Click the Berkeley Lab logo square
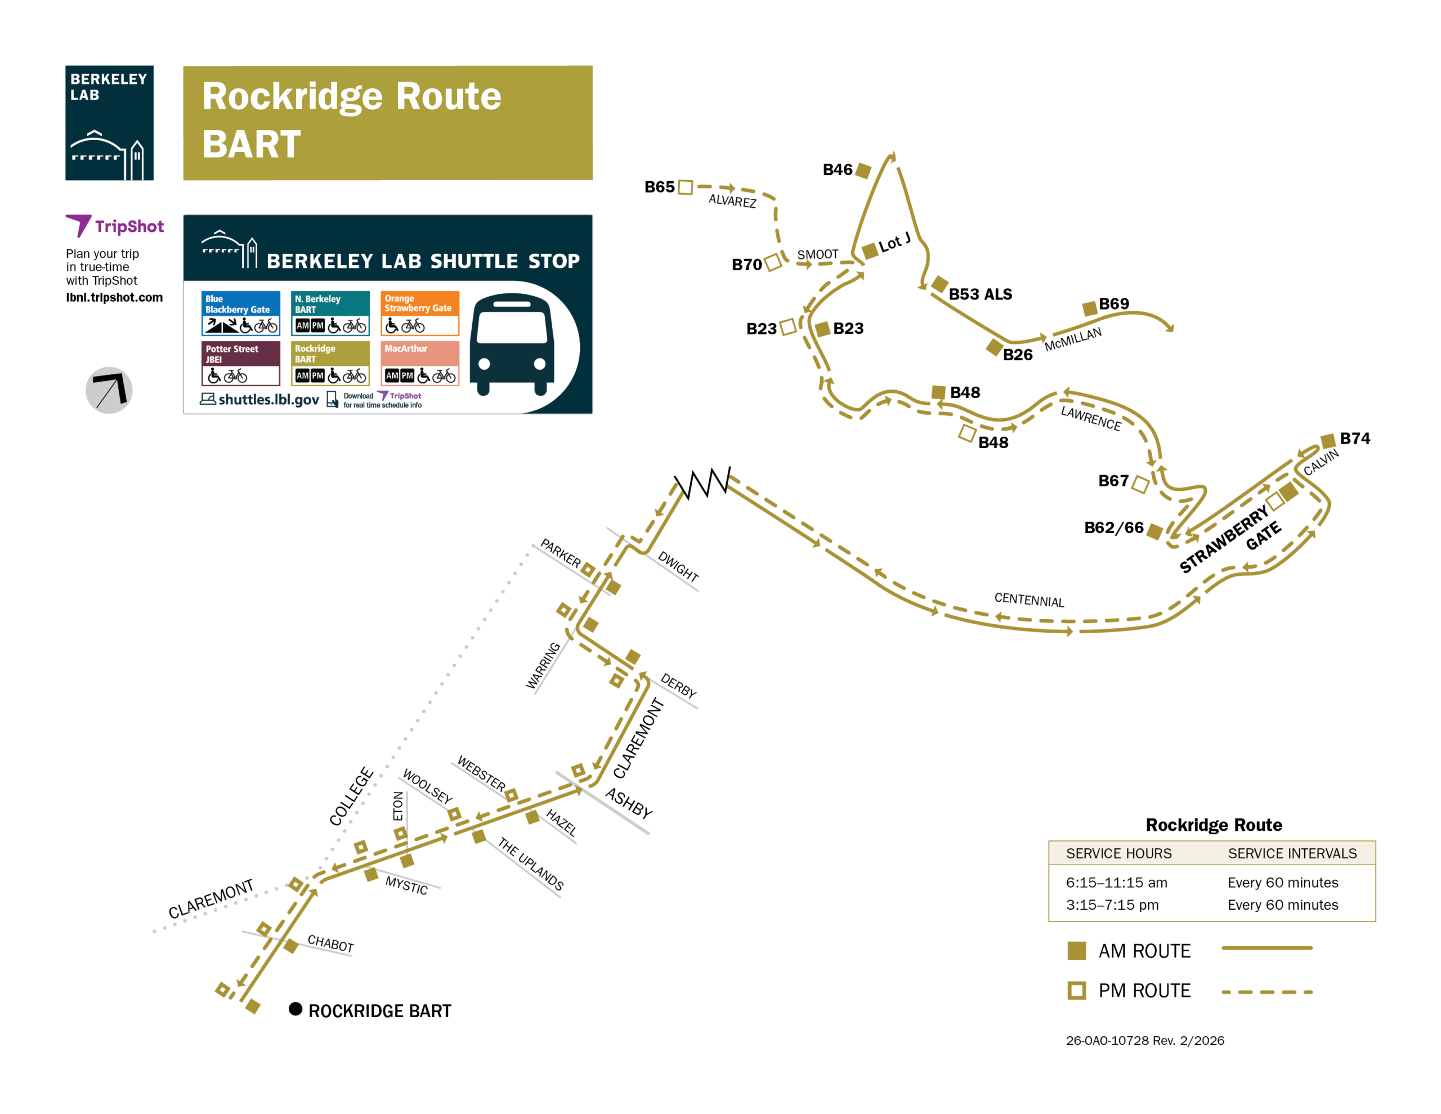(x=110, y=123)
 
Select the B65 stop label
(x=659, y=187)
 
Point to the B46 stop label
(x=837, y=169)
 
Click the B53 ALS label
(x=980, y=294)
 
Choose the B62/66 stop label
(x=1114, y=527)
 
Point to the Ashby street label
(x=628, y=803)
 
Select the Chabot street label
(x=330, y=944)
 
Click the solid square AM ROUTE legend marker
(x=1076, y=950)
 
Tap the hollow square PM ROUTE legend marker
(x=1076, y=990)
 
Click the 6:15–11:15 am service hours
(x=1116, y=882)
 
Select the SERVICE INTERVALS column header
(x=1292, y=853)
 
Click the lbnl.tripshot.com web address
(x=114, y=298)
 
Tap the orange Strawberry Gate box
(x=419, y=313)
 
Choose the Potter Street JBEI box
(x=241, y=363)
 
